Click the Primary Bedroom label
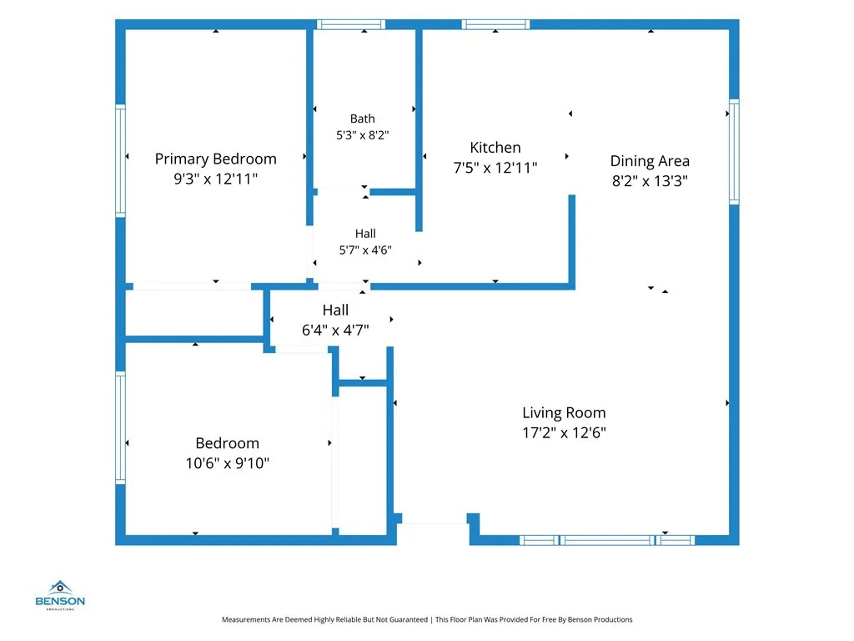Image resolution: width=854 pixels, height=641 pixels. coord(216,159)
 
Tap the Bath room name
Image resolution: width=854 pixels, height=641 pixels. coord(362,119)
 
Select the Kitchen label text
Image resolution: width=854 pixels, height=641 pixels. coord(495,148)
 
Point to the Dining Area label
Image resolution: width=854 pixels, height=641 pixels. coord(650,161)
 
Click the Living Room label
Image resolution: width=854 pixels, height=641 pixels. coord(565,413)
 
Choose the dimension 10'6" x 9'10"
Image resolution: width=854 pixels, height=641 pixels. coord(228,463)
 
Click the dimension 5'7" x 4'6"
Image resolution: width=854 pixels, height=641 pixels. coord(365,250)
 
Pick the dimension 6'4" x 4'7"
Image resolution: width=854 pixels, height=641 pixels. coord(335,330)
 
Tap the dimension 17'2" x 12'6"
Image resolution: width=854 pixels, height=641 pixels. coord(565,433)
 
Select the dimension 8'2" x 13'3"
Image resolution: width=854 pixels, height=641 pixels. coord(650,181)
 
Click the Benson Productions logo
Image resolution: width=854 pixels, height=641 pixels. coord(60,595)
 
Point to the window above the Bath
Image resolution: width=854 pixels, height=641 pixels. coord(351,24)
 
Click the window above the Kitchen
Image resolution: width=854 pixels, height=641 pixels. coord(495,24)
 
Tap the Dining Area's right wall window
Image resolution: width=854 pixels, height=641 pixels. coord(734,152)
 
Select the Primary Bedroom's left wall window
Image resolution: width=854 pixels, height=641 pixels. coord(120,161)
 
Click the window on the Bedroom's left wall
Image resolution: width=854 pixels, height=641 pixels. coord(120,428)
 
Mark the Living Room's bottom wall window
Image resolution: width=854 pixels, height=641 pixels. coord(607,540)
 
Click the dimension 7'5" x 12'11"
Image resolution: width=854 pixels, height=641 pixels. coord(495,168)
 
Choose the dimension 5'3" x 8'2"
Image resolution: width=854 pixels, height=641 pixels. coord(362,135)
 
